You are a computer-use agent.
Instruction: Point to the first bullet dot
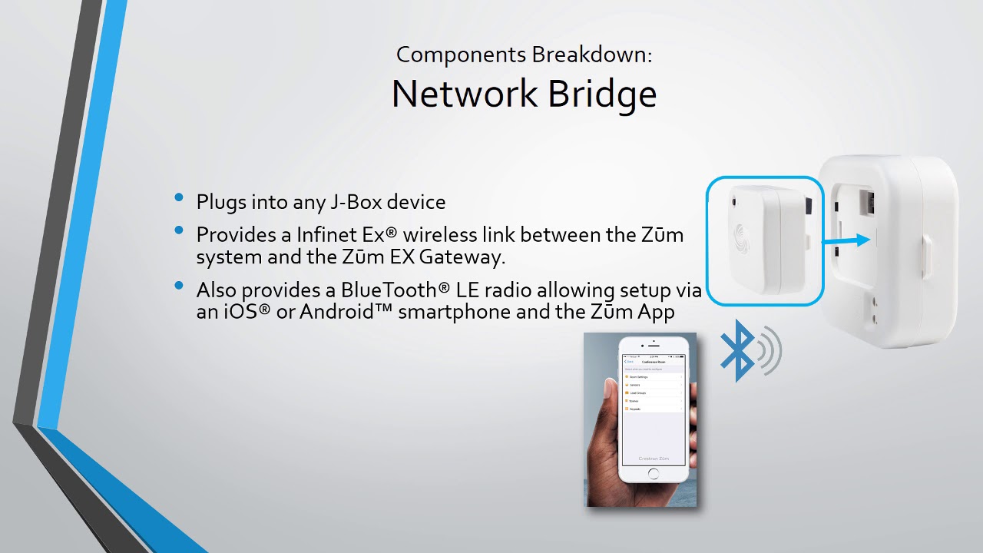coord(179,198)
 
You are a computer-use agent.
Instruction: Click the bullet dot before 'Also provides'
coord(179,286)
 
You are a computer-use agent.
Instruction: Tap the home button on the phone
coord(654,473)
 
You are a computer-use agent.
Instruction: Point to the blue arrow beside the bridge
coord(845,241)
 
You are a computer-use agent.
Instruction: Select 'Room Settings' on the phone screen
coord(640,377)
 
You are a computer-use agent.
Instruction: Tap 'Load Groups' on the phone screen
coord(638,393)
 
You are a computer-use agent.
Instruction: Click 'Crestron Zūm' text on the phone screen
coord(654,459)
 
